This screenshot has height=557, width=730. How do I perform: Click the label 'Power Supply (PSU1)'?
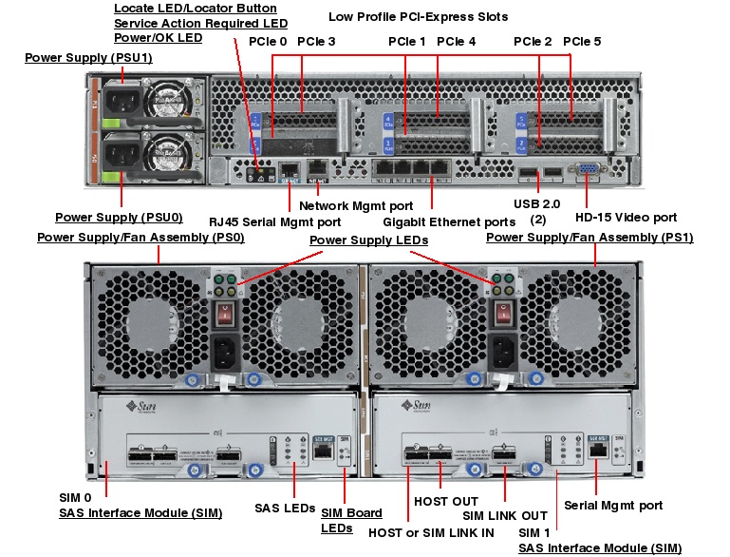click(x=88, y=58)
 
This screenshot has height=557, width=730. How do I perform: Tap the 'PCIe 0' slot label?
click(x=268, y=42)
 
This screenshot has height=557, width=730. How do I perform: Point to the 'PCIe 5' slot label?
click(x=581, y=42)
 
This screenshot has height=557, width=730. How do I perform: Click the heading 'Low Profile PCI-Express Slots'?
click(x=418, y=16)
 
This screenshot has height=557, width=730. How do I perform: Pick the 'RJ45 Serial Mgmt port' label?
click(x=274, y=221)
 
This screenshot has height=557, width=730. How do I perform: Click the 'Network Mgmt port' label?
click(x=356, y=204)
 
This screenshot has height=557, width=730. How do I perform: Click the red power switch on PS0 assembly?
click(x=226, y=315)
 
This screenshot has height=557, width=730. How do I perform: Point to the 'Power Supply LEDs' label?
click(x=368, y=240)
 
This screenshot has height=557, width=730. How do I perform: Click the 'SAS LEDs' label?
click(x=284, y=509)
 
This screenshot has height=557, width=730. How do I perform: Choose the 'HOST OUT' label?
click(x=446, y=501)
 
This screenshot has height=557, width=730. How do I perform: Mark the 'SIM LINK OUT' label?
click(x=505, y=516)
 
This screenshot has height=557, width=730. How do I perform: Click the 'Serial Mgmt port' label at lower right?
click(x=613, y=505)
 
